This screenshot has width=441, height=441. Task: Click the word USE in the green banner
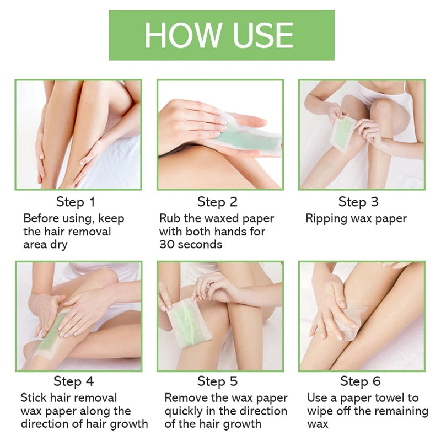[x=263, y=35]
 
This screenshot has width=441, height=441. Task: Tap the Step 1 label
[x=76, y=202]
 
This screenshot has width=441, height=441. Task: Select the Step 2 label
[x=218, y=202]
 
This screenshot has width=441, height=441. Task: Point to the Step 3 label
[x=359, y=202]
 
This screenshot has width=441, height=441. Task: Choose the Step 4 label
[x=74, y=381]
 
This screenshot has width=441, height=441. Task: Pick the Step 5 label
[x=218, y=381]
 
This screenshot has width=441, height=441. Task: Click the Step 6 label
[x=361, y=381]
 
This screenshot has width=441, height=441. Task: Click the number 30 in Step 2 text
[x=169, y=245]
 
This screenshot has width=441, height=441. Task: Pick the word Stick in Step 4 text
[x=34, y=398]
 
